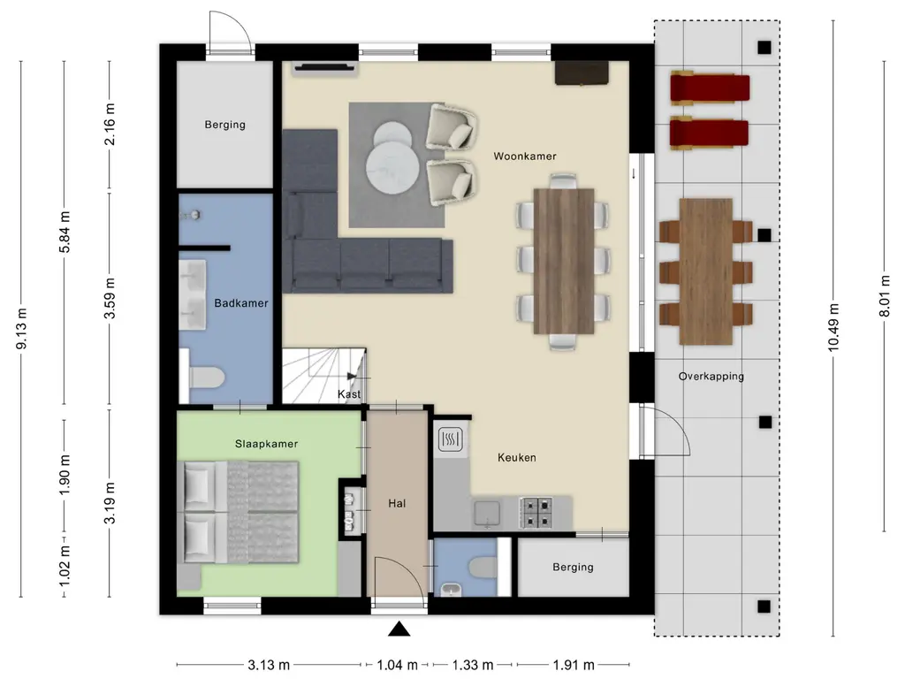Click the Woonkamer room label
525,156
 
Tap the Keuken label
516,457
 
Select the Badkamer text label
241,303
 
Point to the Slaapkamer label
266,444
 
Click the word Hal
397,503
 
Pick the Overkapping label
711,377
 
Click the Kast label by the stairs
348,393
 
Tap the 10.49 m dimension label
833,327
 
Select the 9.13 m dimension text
22,329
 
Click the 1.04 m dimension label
397,665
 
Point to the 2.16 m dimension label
110,124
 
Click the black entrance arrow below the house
399,629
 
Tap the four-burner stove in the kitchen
536,513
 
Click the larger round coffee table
392,167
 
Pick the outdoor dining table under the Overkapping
706,271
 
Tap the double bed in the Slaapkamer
241,512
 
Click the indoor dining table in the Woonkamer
564,261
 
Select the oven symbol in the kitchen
450,439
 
